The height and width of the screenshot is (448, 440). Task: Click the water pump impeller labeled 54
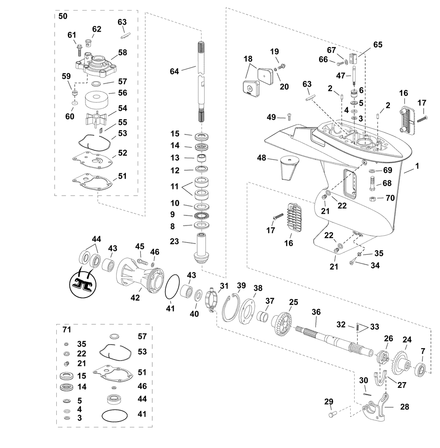(x=96, y=118)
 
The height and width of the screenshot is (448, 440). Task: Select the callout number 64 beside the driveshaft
(x=174, y=71)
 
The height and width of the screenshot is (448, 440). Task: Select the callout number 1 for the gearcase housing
(x=417, y=166)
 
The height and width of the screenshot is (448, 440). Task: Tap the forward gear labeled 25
(x=282, y=323)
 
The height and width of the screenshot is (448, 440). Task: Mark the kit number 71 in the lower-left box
(x=66, y=329)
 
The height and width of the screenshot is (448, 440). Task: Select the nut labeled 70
(x=372, y=199)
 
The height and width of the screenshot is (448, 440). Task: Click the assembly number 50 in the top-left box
(x=63, y=16)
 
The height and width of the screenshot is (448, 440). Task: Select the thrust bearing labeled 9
(x=202, y=215)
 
